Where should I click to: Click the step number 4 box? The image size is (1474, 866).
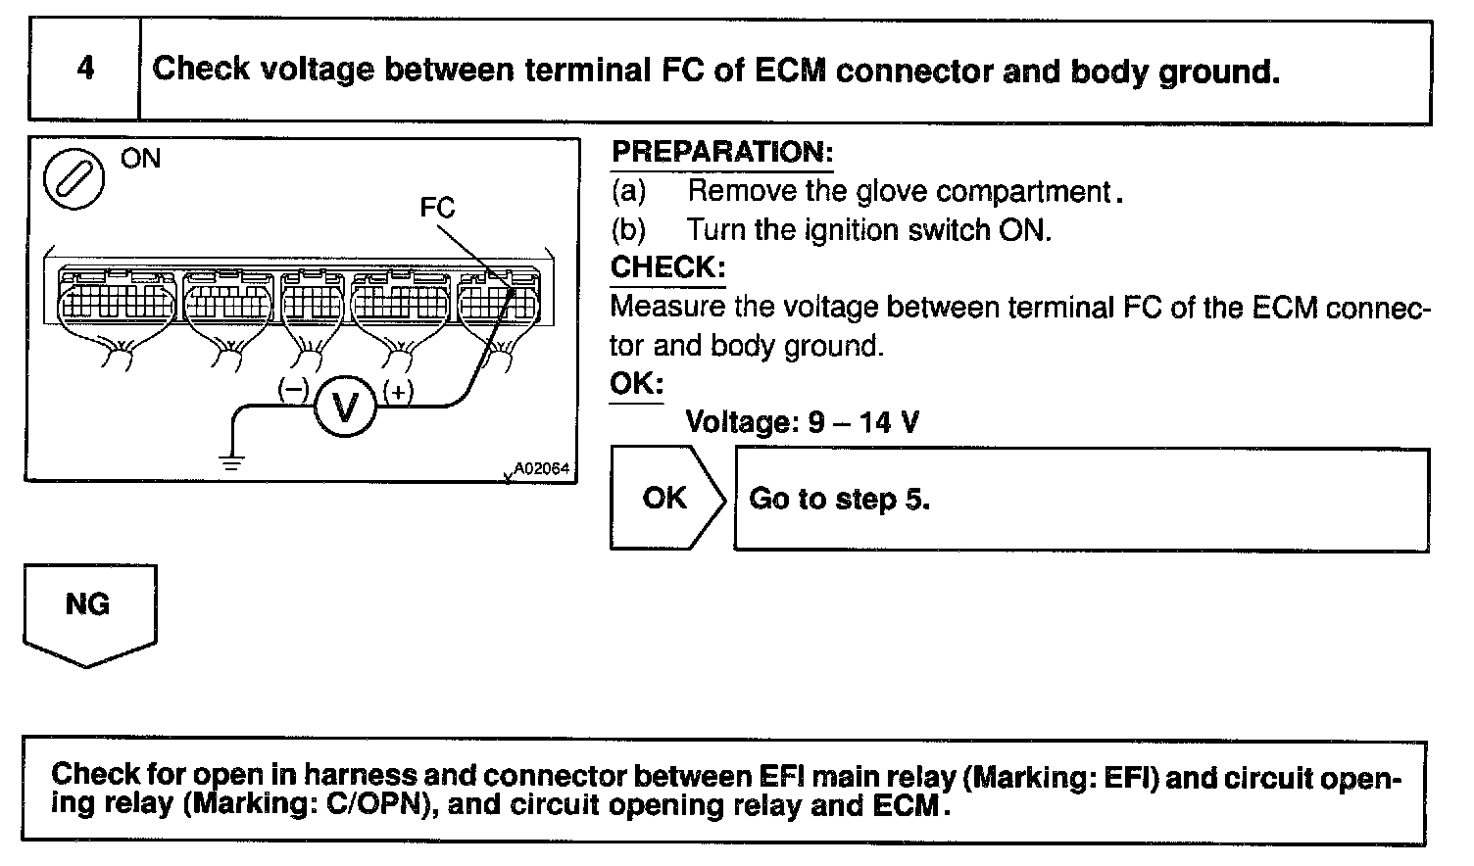(85, 70)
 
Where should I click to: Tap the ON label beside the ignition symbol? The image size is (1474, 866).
(140, 159)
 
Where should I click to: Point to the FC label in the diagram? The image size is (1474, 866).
(437, 208)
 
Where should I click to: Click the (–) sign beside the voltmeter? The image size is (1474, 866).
(293, 389)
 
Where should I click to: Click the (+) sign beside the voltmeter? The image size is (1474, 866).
(398, 391)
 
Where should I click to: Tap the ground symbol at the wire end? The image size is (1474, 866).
(231, 462)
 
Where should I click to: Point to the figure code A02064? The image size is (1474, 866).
(541, 469)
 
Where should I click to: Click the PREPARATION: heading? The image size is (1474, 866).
(722, 153)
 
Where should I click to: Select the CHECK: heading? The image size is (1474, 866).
(667, 267)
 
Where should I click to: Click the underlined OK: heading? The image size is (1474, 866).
(636, 383)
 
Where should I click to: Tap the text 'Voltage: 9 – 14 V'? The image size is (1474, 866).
(802, 422)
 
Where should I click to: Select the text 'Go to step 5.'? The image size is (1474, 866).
(839, 500)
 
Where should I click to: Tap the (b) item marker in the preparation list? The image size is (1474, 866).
(628, 230)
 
